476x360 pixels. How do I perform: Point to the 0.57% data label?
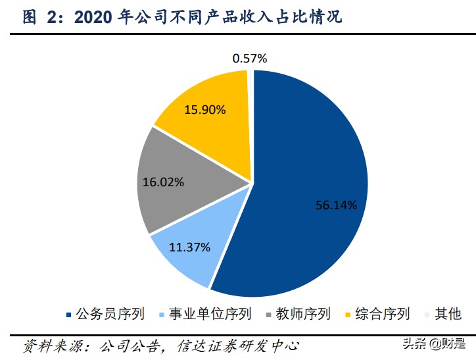[250, 59]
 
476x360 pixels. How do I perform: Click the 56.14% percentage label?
[335, 205]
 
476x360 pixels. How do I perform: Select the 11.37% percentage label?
[189, 247]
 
